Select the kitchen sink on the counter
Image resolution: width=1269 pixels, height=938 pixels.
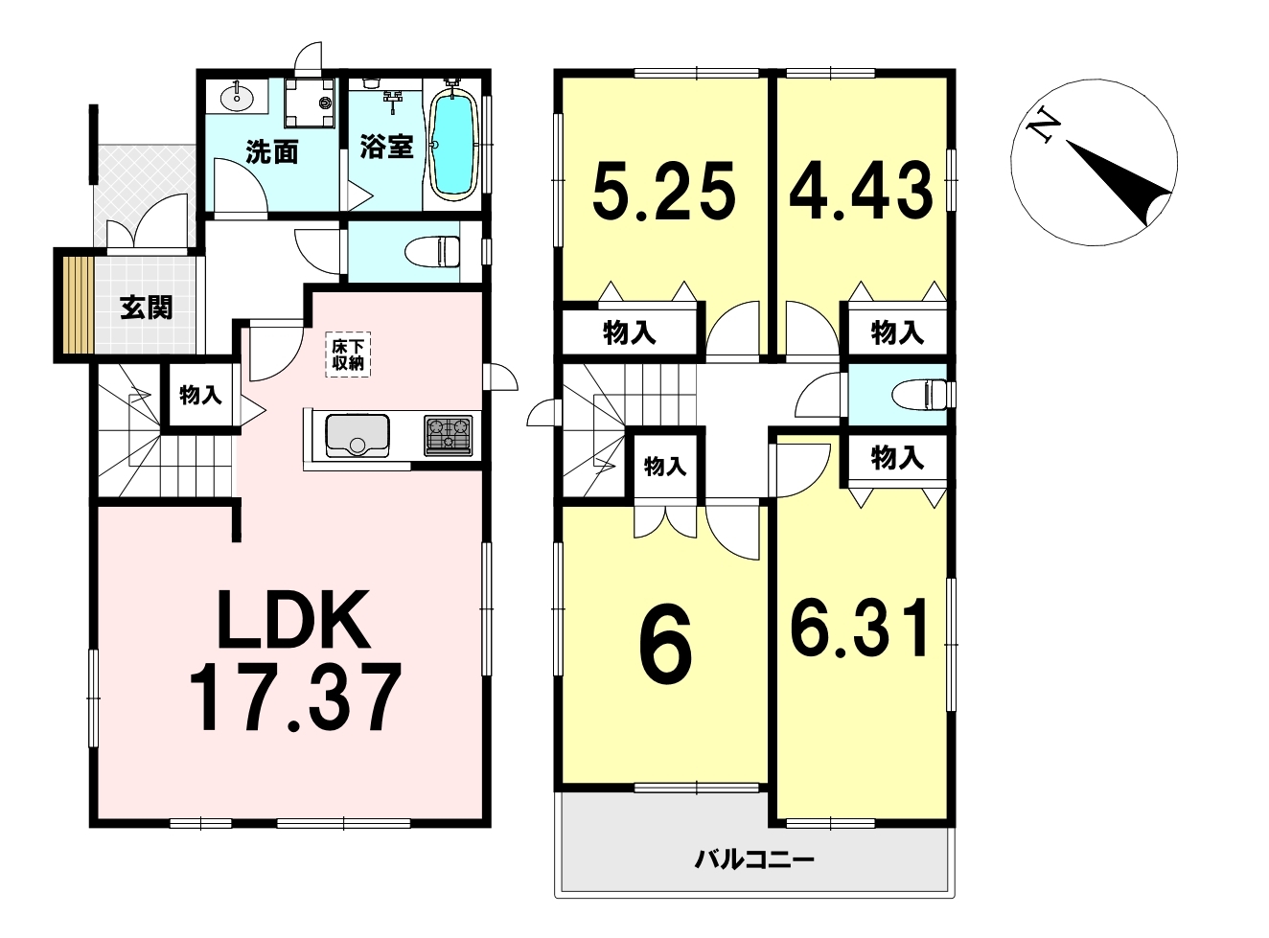(x=357, y=435)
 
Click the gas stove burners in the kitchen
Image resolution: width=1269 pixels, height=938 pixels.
(x=448, y=435)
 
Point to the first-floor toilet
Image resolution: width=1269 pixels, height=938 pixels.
(x=432, y=252)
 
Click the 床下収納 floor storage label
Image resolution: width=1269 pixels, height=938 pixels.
(x=348, y=355)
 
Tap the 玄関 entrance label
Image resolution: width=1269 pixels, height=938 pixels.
(x=147, y=309)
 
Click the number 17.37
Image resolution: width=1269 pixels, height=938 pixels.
(x=295, y=698)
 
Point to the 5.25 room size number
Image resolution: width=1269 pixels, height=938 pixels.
(x=663, y=190)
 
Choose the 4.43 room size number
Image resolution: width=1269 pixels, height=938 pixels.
(x=861, y=190)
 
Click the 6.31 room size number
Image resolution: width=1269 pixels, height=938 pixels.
(x=860, y=627)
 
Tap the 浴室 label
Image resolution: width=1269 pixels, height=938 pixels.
(x=387, y=147)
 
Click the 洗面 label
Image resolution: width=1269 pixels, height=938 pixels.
(x=272, y=152)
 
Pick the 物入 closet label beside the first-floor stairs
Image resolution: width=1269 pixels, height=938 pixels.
(x=200, y=395)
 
